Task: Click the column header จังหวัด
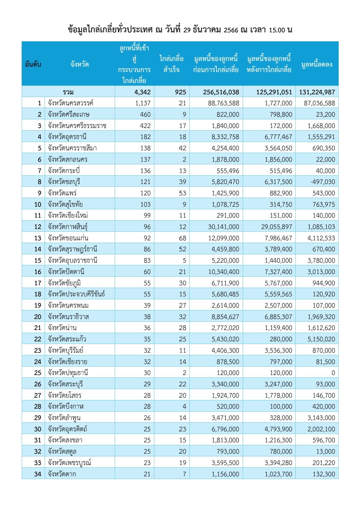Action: point(80,64)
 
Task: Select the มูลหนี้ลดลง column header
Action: point(317,64)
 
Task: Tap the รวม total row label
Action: point(68,92)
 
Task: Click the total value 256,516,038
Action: point(221,92)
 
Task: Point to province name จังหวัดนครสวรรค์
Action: point(70,103)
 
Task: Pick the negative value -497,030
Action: point(322,182)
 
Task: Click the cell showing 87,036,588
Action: point(319,103)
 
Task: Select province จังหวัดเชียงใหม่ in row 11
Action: point(68,216)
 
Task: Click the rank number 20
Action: point(38,317)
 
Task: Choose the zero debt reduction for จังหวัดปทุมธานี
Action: point(333,373)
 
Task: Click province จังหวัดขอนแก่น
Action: point(68,238)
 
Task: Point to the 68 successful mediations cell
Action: point(182,238)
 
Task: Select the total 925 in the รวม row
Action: point(180,92)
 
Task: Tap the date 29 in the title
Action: point(187,30)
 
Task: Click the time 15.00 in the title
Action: point(277,30)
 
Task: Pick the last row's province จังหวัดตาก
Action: point(62,474)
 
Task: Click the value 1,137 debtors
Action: point(143,103)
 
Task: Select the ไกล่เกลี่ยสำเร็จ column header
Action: point(172,64)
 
